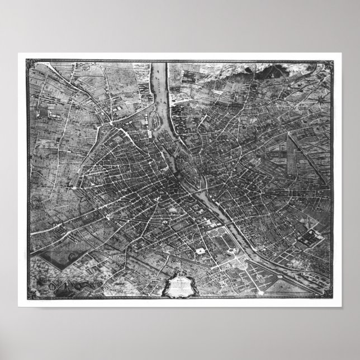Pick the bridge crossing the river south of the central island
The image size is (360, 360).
[x=196, y=193]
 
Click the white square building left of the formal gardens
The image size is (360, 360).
[x=200, y=253]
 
